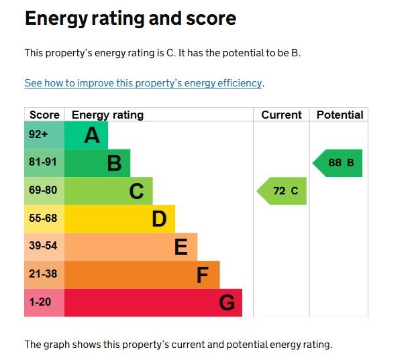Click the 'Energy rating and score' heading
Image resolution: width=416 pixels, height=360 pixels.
point(130,18)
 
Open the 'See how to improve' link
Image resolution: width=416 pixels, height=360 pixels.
point(143,83)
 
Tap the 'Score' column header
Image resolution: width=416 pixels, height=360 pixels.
point(44,115)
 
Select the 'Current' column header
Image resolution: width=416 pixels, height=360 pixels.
point(281,115)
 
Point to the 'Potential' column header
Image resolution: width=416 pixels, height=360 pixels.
point(340,115)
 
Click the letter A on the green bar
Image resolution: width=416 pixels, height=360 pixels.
point(92,135)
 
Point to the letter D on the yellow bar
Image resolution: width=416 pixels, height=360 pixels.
point(159,219)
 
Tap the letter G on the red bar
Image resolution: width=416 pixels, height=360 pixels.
point(227,303)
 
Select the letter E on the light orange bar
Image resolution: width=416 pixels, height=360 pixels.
point(180,247)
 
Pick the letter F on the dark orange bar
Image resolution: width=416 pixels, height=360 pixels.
point(203,275)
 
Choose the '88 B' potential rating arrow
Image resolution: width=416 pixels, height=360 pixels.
point(339,163)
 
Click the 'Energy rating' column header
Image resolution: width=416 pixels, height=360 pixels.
point(107,115)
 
